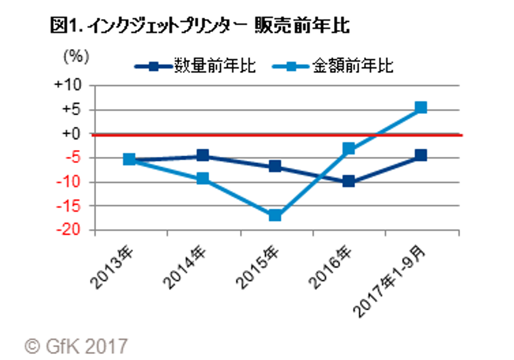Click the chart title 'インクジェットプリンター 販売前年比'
tap(202, 26)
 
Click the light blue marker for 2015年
tap(275, 216)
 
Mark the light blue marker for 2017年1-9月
tap(420, 108)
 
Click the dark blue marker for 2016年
tap(348, 181)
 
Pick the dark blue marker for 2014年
tap(203, 156)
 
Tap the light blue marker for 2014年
tap(203, 179)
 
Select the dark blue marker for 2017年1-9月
tap(420, 156)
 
